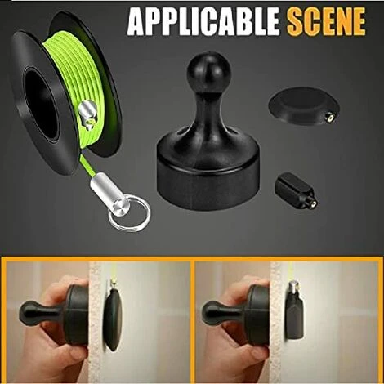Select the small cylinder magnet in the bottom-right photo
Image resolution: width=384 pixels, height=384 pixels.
[293, 315]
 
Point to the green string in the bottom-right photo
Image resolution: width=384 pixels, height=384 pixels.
[292, 274]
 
